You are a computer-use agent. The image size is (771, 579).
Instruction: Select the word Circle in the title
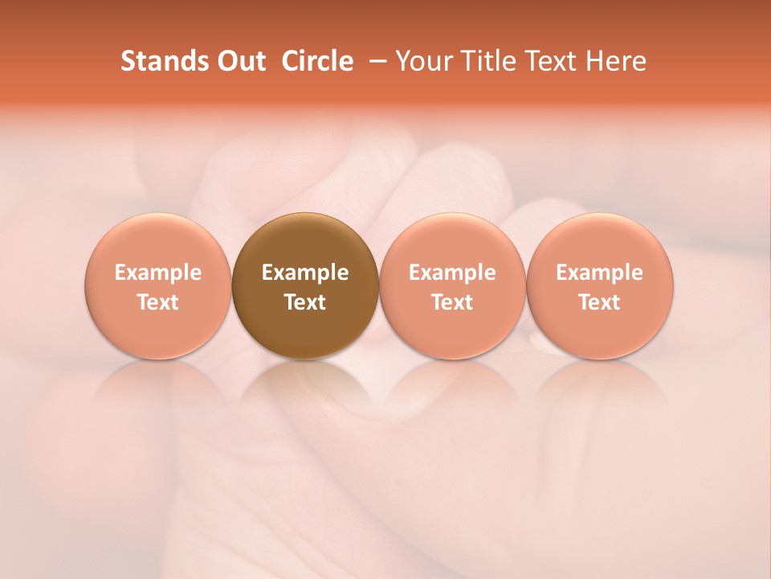[317, 61]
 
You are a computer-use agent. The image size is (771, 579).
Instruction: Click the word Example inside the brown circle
[305, 273]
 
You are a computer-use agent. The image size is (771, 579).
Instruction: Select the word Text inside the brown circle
[305, 302]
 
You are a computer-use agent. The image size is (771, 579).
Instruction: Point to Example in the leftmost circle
[158, 273]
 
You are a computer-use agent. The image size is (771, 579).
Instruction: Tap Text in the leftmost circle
[158, 302]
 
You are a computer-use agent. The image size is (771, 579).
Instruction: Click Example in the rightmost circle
[599, 273]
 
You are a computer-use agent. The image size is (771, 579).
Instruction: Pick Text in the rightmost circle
[599, 302]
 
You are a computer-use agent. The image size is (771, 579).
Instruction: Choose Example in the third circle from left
[452, 273]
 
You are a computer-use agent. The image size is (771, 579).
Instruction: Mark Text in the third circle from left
[452, 302]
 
